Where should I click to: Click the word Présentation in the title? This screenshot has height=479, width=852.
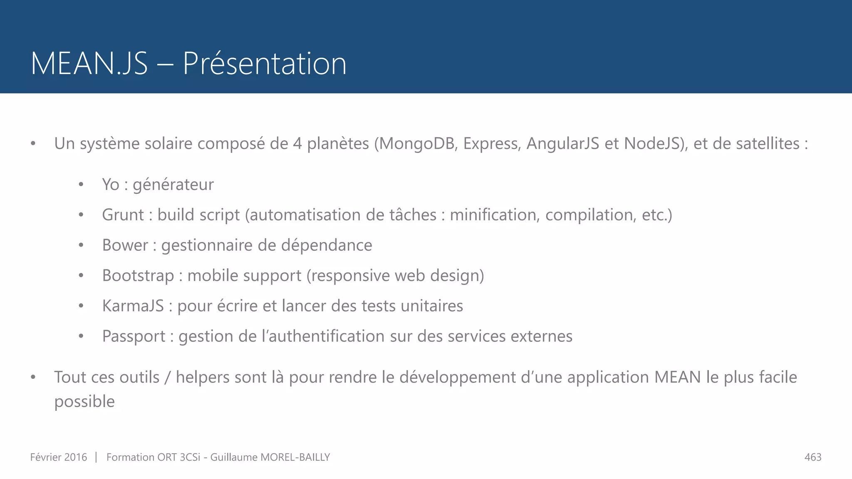[x=265, y=64]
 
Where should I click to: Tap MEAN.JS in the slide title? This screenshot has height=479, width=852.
[x=89, y=64]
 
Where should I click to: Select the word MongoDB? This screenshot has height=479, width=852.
[x=418, y=143]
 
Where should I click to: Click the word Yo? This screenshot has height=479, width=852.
[x=111, y=185]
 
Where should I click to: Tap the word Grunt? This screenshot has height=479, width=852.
[x=123, y=215]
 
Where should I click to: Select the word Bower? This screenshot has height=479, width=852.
[x=125, y=245]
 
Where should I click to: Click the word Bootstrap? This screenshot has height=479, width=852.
[x=138, y=276]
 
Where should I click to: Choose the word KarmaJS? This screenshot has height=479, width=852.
[x=133, y=306]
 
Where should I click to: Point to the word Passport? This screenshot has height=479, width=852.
[x=134, y=336]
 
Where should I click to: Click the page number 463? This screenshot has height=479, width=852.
[x=813, y=457]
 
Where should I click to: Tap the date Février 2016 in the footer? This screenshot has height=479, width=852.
[x=59, y=457]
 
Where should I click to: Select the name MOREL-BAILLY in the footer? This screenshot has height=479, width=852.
[x=295, y=457]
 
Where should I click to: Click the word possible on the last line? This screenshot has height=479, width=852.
[x=84, y=402]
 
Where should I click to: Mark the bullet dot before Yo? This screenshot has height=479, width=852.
[x=81, y=185]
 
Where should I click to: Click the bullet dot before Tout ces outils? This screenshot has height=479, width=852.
[x=33, y=377]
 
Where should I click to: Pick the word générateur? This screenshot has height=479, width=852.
[x=173, y=185]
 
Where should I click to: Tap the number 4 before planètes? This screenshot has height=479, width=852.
[x=297, y=143]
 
